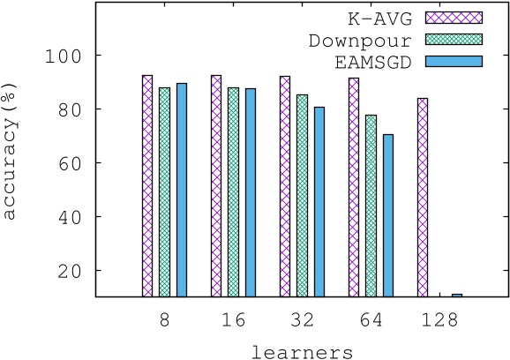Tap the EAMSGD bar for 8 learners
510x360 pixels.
click(x=181, y=190)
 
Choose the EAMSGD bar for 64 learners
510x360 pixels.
click(x=387, y=215)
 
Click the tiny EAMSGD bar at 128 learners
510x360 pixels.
click(x=456, y=295)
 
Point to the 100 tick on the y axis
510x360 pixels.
click(x=70, y=56)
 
